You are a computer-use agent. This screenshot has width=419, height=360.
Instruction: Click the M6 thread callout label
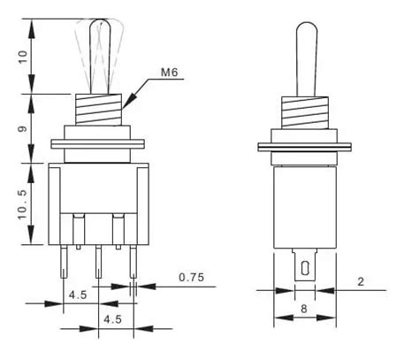[x=169, y=73]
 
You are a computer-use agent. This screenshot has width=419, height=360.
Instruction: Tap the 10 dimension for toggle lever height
[x=23, y=57]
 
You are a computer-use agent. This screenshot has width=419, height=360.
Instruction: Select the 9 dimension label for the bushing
[x=23, y=129]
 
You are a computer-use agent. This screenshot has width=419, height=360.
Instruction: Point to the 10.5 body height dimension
[x=23, y=204]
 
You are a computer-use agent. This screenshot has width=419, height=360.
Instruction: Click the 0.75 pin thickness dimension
[x=192, y=278]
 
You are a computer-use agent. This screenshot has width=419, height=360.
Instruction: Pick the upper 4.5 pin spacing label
[x=78, y=295]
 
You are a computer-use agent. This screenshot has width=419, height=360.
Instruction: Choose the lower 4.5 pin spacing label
[x=112, y=319]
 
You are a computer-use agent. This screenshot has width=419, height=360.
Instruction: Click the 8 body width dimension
[x=304, y=309]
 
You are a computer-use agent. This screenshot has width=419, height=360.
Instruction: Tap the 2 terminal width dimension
[x=361, y=282]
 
